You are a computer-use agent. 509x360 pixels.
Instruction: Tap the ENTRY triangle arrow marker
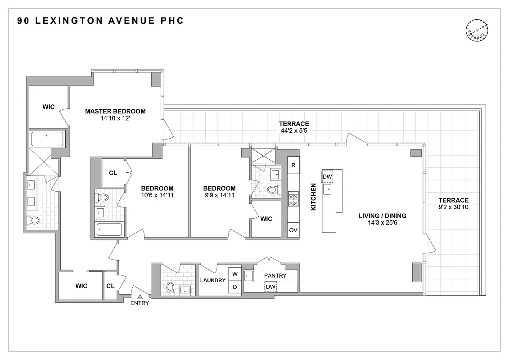[140, 297]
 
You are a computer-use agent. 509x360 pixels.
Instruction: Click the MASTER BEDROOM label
[116, 111]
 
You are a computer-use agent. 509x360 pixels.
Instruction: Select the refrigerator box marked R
[293, 165]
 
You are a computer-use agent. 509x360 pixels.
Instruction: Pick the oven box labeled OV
[293, 230]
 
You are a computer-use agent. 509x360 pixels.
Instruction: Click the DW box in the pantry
[270, 287]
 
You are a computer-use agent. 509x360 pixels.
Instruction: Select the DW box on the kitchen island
[327, 176]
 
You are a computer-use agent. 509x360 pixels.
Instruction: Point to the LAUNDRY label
[213, 280]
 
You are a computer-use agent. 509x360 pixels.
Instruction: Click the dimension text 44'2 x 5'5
[294, 131]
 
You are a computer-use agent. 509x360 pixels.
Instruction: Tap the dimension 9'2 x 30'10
[454, 208]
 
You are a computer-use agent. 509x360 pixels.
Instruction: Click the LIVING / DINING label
[383, 216]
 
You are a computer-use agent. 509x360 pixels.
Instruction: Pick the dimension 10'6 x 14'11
[157, 196]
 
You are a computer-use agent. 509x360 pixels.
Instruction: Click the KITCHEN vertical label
[314, 197]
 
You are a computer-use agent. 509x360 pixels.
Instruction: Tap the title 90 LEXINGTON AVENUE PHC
[100, 21]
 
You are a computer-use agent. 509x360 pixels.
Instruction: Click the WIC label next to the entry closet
[81, 286]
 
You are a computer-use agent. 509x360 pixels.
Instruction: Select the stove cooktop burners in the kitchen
[293, 199]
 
